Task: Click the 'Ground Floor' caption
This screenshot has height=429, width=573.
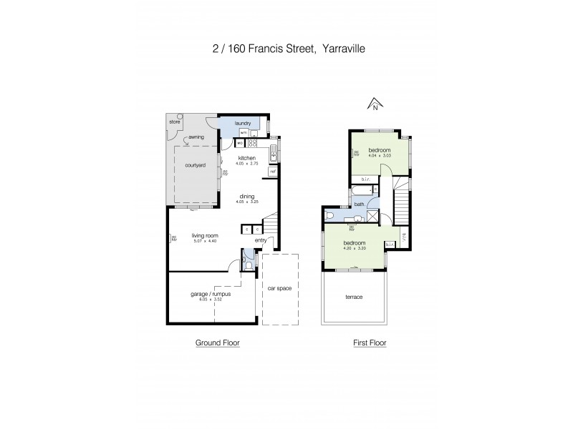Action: (218, 343)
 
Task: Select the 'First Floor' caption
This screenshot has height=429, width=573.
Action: (370, 343)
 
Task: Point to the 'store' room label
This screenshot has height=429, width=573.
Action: (175, 122)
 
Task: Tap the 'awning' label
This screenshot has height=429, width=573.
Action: (196, 137)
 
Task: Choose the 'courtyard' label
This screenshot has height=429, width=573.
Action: (196, 166)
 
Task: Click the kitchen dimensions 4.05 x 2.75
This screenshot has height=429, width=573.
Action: (246, 164)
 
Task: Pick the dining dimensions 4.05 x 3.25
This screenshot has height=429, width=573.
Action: (247, 202)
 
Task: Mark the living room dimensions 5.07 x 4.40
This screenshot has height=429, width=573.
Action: (204, 241)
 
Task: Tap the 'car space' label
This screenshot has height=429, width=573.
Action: (279, 288)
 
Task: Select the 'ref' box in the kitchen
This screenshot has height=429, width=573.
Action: (273, 172)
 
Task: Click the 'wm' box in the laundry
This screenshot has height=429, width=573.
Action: (244, 133)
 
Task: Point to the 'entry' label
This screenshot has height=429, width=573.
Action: (260, 240)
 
